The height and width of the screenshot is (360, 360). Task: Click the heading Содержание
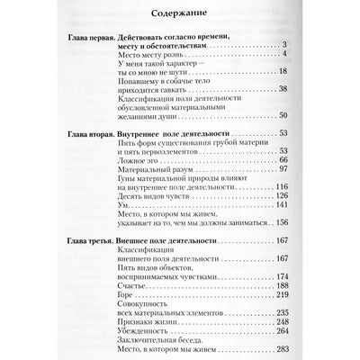coord(181,13)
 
